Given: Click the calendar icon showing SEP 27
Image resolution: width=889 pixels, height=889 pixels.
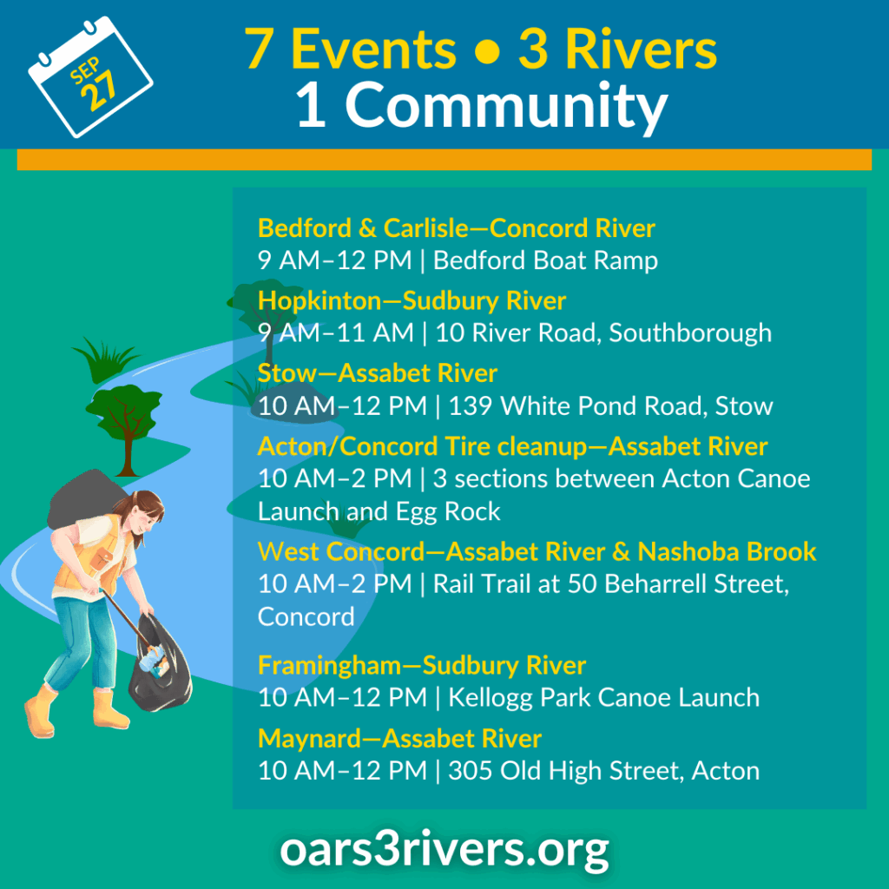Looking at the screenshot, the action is tap(90, 76).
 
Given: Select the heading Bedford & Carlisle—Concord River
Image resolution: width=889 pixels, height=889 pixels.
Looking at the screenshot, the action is tap(457, 228).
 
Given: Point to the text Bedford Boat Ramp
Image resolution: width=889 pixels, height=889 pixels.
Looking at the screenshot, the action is tap(545, 260).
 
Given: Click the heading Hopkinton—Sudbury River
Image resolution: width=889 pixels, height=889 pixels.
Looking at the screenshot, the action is tap(412, 300).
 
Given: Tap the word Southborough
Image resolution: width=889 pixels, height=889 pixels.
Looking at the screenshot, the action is tap(690, 333).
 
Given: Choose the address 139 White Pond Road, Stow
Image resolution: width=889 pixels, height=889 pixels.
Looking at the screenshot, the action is tap(610, 406).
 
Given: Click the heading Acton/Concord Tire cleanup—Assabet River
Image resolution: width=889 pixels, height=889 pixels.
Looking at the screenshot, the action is tap(512, 446).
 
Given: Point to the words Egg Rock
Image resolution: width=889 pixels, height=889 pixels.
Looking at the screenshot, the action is tap(448, 512).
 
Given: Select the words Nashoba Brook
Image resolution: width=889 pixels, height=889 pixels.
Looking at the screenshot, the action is tap(727, 551).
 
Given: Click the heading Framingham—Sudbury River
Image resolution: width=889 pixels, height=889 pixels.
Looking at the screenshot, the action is tap(422, 666).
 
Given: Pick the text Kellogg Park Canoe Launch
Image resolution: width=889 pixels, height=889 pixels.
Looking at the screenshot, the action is tap(604, 698).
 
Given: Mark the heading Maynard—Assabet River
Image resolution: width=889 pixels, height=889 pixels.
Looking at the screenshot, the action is tap(399, 739).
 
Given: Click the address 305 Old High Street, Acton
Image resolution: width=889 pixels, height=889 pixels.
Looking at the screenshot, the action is tap(604, 771).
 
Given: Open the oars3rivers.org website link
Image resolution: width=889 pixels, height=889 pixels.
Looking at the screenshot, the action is tap(444, 850).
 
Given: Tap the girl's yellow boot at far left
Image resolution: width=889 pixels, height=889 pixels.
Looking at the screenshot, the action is tap(41, 712).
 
